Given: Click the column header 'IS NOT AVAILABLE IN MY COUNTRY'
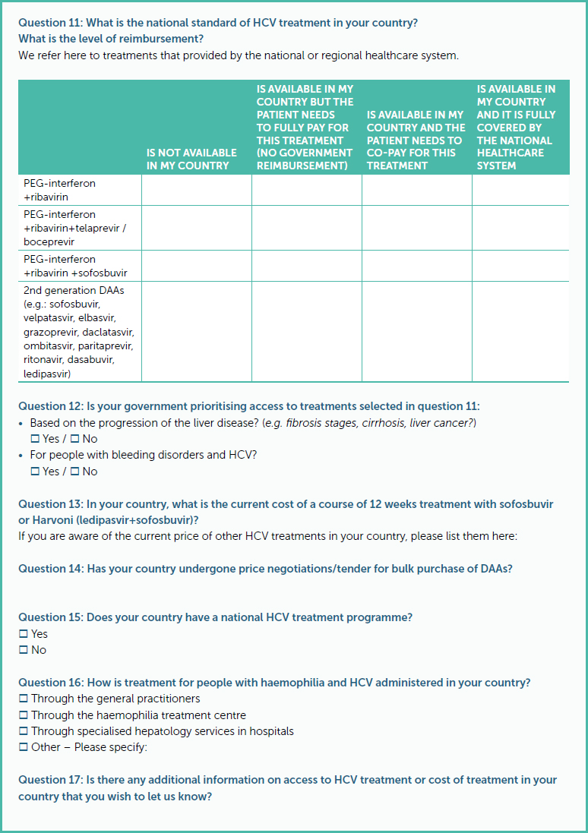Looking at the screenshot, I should (191, 159).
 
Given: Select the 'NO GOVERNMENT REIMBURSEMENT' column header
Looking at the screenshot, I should (305, 128).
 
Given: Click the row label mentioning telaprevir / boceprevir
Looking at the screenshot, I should (71, 229).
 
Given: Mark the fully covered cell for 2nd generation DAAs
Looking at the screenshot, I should (520, 332).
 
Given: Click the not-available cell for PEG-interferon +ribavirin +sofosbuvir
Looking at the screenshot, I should (196, 266).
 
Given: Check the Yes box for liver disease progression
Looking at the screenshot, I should (35, 439).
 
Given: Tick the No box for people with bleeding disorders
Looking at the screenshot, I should (74, 472).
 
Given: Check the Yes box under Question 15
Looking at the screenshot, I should (24, 634).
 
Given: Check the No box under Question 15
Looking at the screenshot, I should (24, 650).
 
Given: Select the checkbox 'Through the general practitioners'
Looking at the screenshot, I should (24, 699).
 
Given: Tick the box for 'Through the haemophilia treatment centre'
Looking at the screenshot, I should (24, 715).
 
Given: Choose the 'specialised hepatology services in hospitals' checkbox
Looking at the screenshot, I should (24, 731).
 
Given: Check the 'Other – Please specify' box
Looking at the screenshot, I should (24, 747).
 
